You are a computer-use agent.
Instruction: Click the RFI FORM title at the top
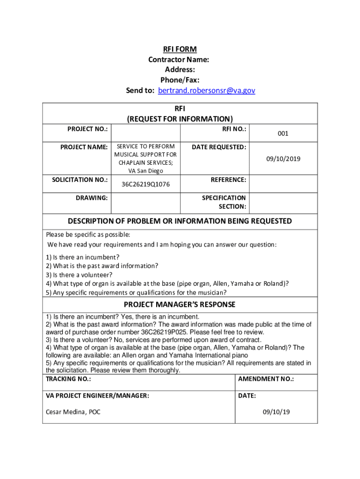(x=180, y=49)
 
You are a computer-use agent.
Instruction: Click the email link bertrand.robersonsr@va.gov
(x=207, y=90)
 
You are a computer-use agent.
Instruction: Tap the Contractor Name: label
(x=179, y=59)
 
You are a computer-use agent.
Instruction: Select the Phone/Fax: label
(x=180, y=80)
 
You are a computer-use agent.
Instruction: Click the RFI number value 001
(x=283, y=133)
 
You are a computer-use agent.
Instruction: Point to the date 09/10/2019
(x=283, y=159)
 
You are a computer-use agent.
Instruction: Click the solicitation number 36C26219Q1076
(x=145, y=184)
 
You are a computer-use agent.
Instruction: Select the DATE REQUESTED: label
(x=219, y=147)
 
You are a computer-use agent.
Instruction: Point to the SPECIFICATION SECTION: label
(x=224, y=202)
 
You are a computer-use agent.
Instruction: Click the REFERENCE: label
(x=228, y=180)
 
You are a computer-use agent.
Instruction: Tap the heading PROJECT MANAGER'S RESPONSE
(x=180, y=305)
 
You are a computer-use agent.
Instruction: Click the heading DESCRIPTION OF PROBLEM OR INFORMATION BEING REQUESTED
(x=180, y=221)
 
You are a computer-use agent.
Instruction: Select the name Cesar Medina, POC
(x=73, y=412)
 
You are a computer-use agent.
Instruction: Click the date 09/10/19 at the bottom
(x=276, y=412)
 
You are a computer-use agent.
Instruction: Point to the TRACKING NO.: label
(x=68, y=379)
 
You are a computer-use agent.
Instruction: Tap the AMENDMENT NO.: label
(x=266, y=379)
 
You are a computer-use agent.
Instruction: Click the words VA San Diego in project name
(x=145, y=171)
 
